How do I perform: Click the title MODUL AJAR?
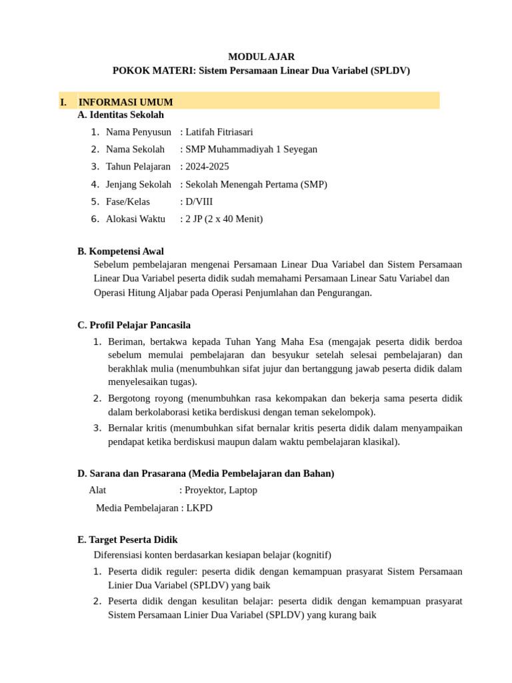pyautogui.click(x=261, y=57)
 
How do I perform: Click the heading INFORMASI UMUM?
pyautogui.click(x=125, y=102)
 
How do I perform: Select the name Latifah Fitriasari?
pyautogui.click(x=219, y=132)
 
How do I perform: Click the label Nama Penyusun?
pyautogui.click(x=138, y=132)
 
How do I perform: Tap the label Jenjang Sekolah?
pyautogui.click(x=138, y=184)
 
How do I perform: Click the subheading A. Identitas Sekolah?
pyautogui.click(x=121, y=115)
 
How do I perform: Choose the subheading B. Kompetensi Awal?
pyautogui.click(x=121, y=251)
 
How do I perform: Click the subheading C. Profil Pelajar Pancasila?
pyautogui.click(x=134, y=325)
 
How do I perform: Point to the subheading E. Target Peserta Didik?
pyautogui.click(x=127, y=540)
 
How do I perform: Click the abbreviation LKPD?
pyautogui.click(x=199, y=508)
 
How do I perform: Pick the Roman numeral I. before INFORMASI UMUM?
pyautogui.click(x=63, y=102)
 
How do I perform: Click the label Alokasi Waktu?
pyautogui.click(x=135, y=219)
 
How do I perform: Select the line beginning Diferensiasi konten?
pyautogui.click(x=212, y=555)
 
